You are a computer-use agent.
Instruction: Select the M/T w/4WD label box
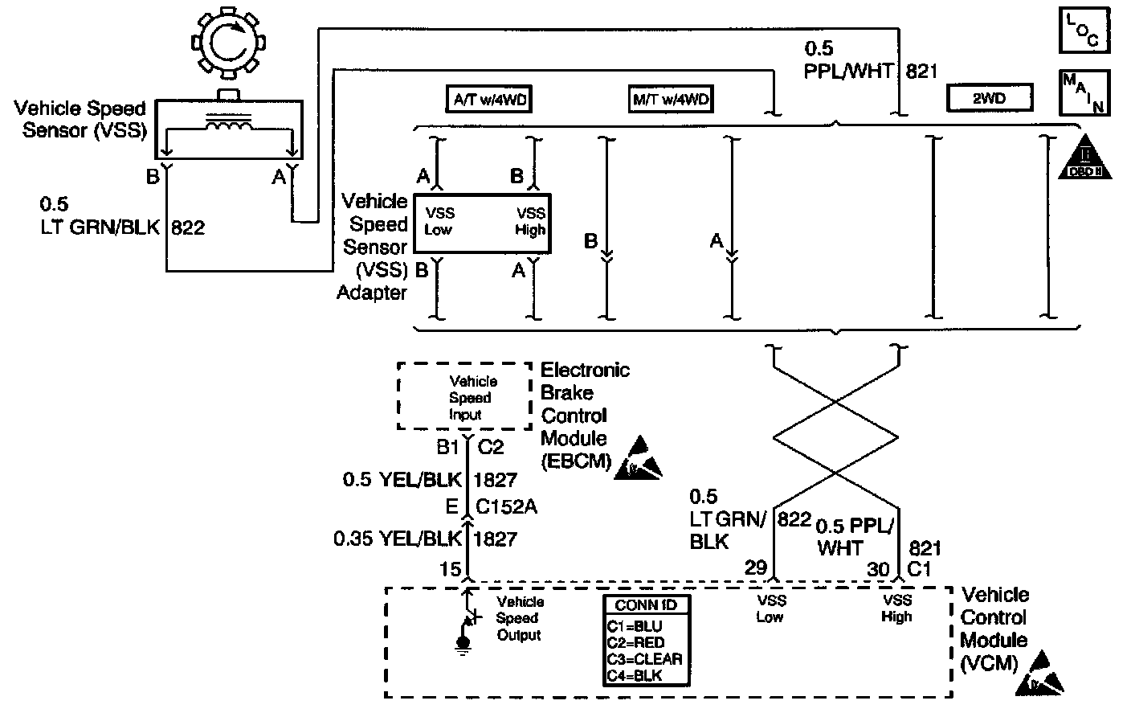[x=670, y=100]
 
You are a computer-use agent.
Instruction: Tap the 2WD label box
[x=990, y=99]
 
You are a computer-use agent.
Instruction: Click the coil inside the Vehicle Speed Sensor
[x=230, y=125]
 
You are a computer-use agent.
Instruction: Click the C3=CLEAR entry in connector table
[x=645, y=659]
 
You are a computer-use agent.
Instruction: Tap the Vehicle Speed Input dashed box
[x=465, y=397]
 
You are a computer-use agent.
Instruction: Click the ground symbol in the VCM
[x=463, y=644]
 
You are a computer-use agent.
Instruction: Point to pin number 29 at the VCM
[x=756, y=568]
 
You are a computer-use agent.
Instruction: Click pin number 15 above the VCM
[x=450, y=569]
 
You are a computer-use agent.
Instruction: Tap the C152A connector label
[x=507, y=507]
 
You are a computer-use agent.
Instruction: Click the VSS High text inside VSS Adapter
[x=530, y=221]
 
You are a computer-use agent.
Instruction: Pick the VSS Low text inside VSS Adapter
[x=439, y=221]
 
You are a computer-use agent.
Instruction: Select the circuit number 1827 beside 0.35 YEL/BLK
[x=496, y=538]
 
